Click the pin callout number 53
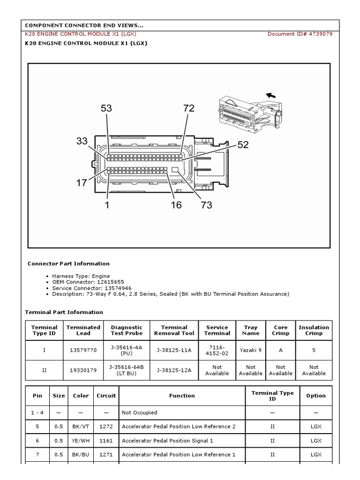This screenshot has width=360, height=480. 106,108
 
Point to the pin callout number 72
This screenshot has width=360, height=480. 188,108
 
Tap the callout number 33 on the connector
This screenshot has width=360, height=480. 82,141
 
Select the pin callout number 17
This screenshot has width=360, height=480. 82,183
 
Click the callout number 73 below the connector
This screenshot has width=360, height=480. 206,205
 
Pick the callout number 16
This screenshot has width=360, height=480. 176,205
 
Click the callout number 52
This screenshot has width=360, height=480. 243,145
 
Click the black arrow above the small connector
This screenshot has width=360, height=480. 270,96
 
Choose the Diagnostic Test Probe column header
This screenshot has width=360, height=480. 127,330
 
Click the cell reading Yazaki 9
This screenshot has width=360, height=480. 251,350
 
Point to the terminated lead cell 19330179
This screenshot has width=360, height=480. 83,370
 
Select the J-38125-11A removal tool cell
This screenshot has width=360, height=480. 174,350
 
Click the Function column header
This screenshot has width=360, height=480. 182,396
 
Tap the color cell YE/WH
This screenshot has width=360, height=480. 81,441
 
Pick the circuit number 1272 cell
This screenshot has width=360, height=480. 106,427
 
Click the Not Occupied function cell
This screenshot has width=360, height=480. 139,412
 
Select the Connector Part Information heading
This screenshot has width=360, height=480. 68,263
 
